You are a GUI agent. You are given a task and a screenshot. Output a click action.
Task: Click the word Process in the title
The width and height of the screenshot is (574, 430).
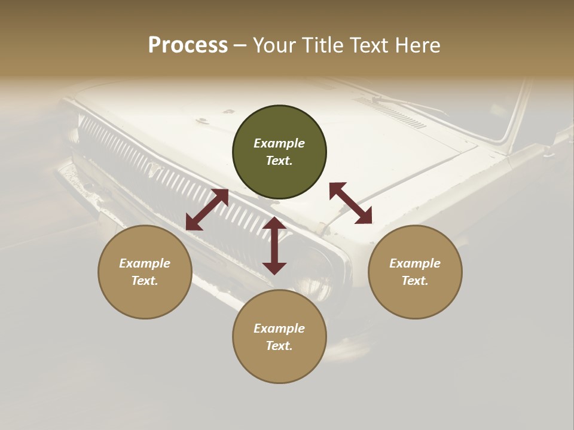pos(188,45)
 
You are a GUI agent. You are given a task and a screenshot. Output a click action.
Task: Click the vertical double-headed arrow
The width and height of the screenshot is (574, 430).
pos(274,245)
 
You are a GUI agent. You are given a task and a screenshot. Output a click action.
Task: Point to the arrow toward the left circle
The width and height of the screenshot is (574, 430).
pos(207,210)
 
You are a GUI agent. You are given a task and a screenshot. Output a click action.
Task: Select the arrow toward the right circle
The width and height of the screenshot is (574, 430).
pos(350,203)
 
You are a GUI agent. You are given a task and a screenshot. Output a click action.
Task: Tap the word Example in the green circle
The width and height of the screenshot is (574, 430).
pos(279,143)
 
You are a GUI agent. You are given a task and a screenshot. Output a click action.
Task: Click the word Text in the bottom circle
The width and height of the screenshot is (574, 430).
pos(279,346)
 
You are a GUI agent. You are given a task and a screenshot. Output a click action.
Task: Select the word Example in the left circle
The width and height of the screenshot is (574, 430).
pos(145,263)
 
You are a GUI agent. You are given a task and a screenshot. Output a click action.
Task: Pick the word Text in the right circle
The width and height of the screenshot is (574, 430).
pos(414,281)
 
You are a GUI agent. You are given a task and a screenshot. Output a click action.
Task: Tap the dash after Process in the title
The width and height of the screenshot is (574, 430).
pos(240,46)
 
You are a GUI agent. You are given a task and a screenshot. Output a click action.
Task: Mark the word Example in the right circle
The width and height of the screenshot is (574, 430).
pos(415,263)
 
